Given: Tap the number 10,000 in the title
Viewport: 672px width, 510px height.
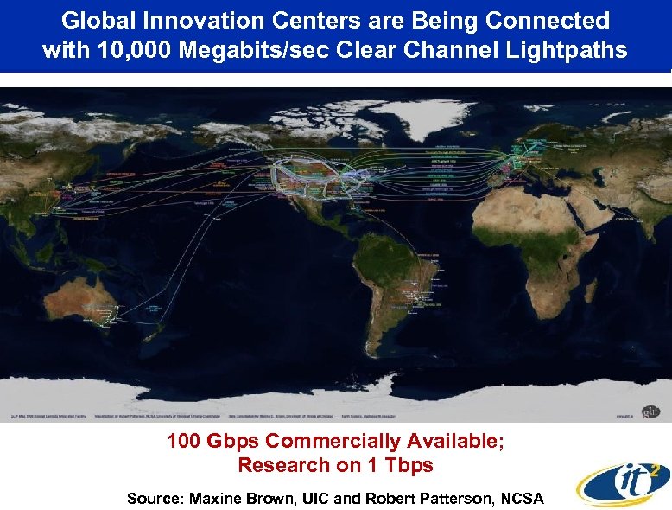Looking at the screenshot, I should point(128,50).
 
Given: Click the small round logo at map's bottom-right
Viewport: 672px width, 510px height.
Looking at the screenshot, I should point(650,410).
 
